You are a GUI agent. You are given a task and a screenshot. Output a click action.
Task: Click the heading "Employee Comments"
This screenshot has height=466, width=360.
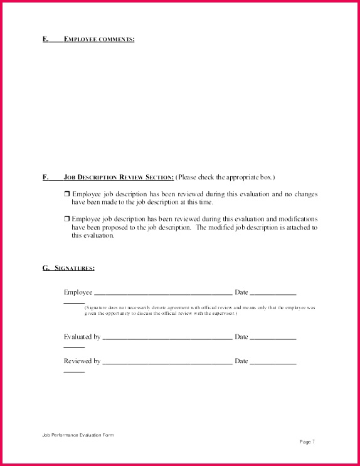99,40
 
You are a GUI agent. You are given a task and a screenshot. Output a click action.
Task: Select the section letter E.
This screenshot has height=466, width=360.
45,40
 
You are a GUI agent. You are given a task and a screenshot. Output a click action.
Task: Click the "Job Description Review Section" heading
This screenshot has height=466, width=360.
119,177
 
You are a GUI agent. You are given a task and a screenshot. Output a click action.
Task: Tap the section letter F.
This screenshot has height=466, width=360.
45,177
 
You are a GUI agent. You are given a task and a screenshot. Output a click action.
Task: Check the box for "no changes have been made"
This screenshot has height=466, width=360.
66,194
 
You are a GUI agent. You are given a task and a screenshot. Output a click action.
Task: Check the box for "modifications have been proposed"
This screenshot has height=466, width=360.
66,218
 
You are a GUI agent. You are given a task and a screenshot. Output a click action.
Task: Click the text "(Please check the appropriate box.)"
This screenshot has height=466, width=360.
225,177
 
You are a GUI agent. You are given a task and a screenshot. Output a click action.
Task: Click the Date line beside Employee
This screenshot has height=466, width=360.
273,294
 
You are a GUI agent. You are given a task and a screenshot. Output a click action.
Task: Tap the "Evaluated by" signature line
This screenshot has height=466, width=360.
167,338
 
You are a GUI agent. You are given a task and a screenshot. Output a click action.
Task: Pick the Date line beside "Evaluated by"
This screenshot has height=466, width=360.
273,338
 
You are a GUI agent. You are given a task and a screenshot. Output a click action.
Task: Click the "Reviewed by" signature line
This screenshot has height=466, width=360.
167,363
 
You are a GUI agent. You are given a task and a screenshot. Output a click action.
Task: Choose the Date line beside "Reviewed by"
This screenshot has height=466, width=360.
273,363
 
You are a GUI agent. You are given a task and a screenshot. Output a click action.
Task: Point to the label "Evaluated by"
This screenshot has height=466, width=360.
82,337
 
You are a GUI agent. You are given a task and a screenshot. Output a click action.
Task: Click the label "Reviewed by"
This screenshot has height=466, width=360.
82,361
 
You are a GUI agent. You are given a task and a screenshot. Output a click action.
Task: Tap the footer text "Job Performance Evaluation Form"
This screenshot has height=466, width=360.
78,435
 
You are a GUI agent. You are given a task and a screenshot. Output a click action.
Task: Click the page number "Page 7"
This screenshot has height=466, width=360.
307,442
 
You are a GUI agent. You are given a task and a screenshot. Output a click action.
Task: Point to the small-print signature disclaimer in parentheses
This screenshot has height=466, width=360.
199,310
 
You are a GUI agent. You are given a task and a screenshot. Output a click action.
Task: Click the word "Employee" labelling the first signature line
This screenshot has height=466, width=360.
78,292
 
